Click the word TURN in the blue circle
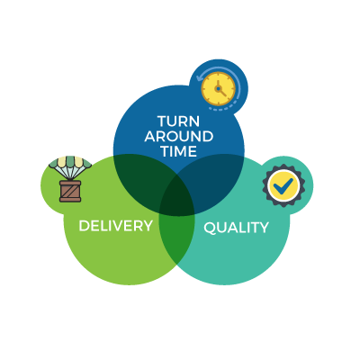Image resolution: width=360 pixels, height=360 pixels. pyautogui.click(x=178, y=121)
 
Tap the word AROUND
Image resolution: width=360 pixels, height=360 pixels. pyautogui.click(x=179, y=137)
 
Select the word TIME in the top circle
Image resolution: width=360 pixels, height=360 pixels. pyautogui.click(x=179, y=151)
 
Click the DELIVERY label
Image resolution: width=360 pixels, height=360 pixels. pyautogui.click(x=116, y=226)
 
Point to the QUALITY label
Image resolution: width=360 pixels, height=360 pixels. pyautogui.click(x=236, y=228)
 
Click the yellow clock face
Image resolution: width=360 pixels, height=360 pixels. pyautogui.click(x=218, y=89)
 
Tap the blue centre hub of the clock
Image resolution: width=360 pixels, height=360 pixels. pyautogui.click(x=218, y=89)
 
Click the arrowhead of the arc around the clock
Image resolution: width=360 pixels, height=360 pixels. pyautogui.click(x=199, y=78)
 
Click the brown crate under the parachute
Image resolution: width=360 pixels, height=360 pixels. pyautogui.click(x=70, y=191)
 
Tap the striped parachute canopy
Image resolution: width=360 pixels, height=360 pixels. pyautogui.click(x=70, y=162)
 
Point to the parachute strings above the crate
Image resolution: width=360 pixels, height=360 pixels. pyautogui.click(x=70, y=174)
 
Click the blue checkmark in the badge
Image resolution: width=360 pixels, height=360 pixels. pyautogui.click(x=283, y=186)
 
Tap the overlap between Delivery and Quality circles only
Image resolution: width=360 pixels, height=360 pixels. pyautogui.click(x=177, y=237)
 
